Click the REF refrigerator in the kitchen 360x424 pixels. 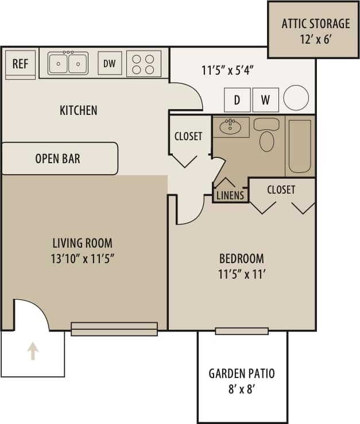coord(20,63)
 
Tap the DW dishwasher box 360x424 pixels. coord(110,64)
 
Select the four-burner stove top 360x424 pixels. coord(144,64)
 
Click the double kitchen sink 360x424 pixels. coord(68,63)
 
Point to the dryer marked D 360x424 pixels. coord(237,100)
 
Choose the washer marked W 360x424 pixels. coord(265,100)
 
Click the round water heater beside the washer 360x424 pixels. coord(296,98)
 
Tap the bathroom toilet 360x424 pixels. coord(266,136)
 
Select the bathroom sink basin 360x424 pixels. coord(231,126)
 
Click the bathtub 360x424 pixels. coord(300,146)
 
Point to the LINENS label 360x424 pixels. coord(230,195)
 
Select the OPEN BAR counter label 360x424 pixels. coord(57,159)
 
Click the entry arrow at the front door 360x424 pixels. coord(33,351)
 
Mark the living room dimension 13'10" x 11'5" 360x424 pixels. coord(83,258)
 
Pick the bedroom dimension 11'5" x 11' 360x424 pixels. coord(242,274)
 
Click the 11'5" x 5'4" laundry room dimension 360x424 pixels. coord(228,71)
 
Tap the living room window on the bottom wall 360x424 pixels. coord(114,329)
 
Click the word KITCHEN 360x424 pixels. coord(79,110)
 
